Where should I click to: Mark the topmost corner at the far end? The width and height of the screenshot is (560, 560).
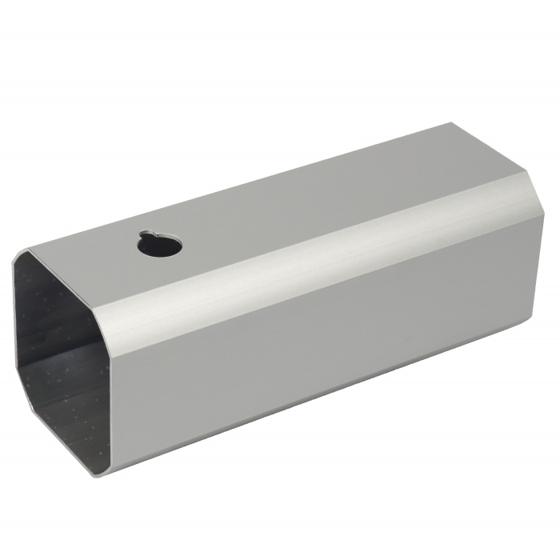tap(453, 124)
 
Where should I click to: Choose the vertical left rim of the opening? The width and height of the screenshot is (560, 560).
tap(16, 336)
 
